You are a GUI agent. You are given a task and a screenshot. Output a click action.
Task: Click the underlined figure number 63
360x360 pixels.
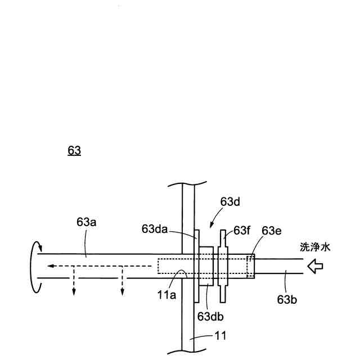[x=74, y=150]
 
